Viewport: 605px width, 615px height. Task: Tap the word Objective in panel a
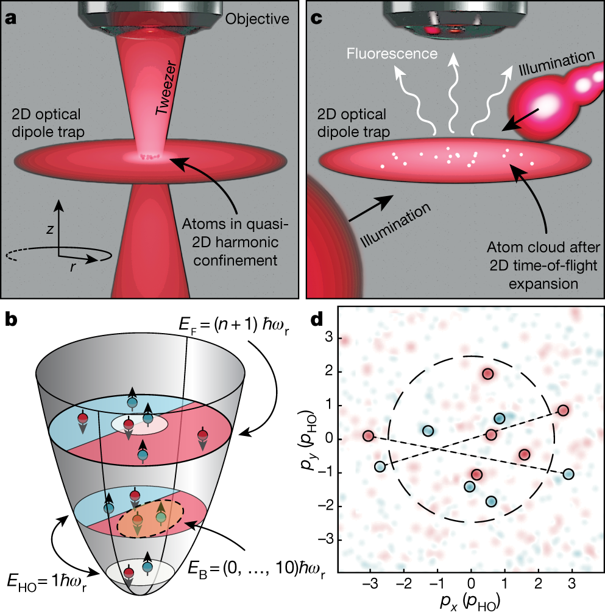(x=257, y=19)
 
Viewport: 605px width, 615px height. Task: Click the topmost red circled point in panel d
(x=487, y=374)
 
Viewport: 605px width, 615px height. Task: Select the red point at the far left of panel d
(x=368, y=435)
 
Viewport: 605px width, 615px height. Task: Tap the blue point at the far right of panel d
(x=568, y=474)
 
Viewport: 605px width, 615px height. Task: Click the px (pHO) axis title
(x=470, y=603)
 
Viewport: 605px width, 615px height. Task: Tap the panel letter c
(x=316, y=18)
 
